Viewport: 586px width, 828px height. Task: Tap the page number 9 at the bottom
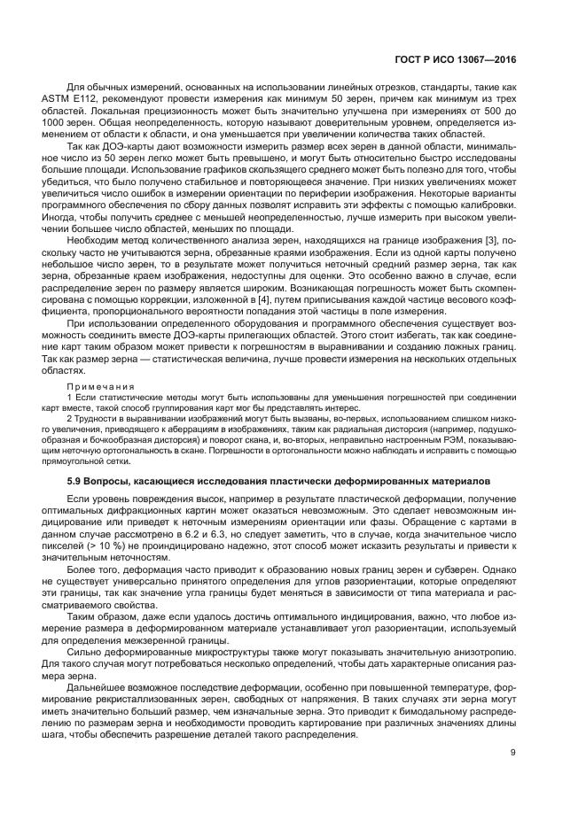(x=514, y=753)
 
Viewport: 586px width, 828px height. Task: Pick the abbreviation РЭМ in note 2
(x=458, y=439)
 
